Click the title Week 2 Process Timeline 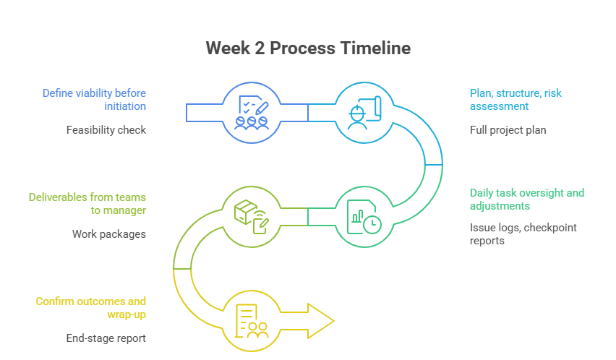pos(308,48)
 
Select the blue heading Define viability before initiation pos(94,100)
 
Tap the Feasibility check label pos(106,130)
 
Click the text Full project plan pos(508,130)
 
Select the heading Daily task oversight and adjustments pos(527,200)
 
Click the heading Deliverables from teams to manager pos(87,203)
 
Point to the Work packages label pos(109,234)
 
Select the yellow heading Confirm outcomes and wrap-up pos(91,307)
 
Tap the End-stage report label pos(106,338)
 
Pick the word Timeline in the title pos(375,48)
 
